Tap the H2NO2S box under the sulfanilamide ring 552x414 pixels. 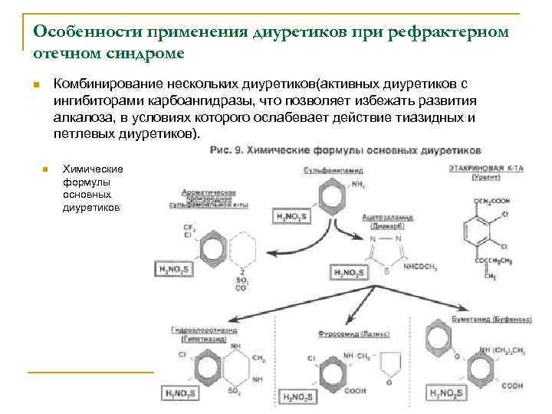click(x=293, y=217)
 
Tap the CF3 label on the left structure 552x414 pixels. click(x=188, y=228)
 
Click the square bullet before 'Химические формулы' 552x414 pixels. click(x=45, y=169)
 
